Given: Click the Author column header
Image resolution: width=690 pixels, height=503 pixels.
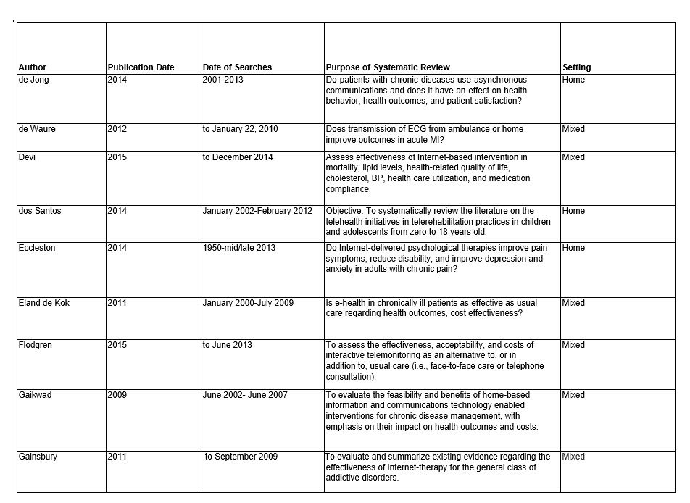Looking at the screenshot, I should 33,67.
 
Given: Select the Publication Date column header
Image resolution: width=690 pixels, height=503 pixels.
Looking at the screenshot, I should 141,67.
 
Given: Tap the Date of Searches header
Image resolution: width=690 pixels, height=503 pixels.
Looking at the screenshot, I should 237,67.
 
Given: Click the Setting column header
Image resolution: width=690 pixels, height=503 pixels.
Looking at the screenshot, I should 576,67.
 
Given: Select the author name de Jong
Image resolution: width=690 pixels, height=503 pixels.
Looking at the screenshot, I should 33,80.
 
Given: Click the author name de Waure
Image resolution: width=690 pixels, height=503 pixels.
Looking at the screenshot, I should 37,129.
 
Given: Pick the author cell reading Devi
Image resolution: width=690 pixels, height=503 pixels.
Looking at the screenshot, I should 28,157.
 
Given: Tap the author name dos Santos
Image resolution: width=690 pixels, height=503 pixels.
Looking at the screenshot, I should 39,211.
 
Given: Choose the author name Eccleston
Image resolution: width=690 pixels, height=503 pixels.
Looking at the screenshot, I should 36,248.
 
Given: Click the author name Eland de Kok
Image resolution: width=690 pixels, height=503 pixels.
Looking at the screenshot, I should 44,303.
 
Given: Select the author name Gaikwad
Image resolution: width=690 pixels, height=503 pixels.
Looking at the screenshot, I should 36,395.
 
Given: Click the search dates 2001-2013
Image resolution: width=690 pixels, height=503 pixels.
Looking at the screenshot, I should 223,80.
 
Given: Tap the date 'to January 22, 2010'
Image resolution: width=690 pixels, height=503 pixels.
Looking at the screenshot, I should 240,129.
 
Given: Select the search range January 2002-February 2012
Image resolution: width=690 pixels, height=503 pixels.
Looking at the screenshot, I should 257,211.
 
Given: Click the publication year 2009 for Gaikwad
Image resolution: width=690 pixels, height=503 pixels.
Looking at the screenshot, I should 117,395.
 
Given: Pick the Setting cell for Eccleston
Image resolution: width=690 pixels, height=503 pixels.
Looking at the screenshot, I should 573,248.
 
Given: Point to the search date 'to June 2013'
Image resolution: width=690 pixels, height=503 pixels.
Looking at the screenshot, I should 228,345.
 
